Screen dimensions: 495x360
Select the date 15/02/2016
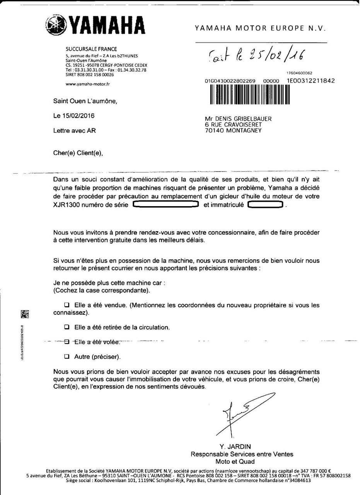click(x=74, y=116)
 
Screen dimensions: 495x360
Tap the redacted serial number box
click(x=165, y=205)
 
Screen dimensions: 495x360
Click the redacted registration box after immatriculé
click(x=265, y=205)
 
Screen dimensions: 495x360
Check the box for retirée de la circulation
click(x=67, y=327)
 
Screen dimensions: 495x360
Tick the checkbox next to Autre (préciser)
click(x=67, y=356)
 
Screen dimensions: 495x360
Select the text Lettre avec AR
click(x=75, y=131)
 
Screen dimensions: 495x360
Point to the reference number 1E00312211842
click(x=311, y=81)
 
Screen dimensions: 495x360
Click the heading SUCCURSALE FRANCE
click(x=91, y=49)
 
